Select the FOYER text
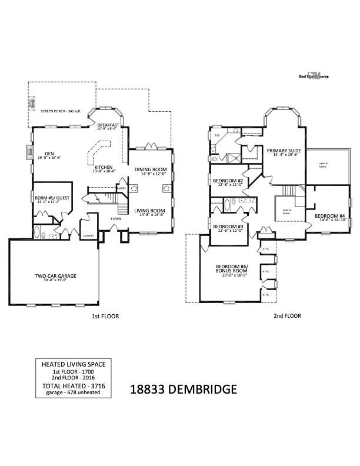click(116, 218)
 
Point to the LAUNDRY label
click(88, 235)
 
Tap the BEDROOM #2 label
click(228, 182)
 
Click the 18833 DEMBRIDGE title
click(183, 389)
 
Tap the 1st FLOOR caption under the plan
click(105, 316)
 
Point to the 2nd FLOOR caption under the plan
click(287, 316)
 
